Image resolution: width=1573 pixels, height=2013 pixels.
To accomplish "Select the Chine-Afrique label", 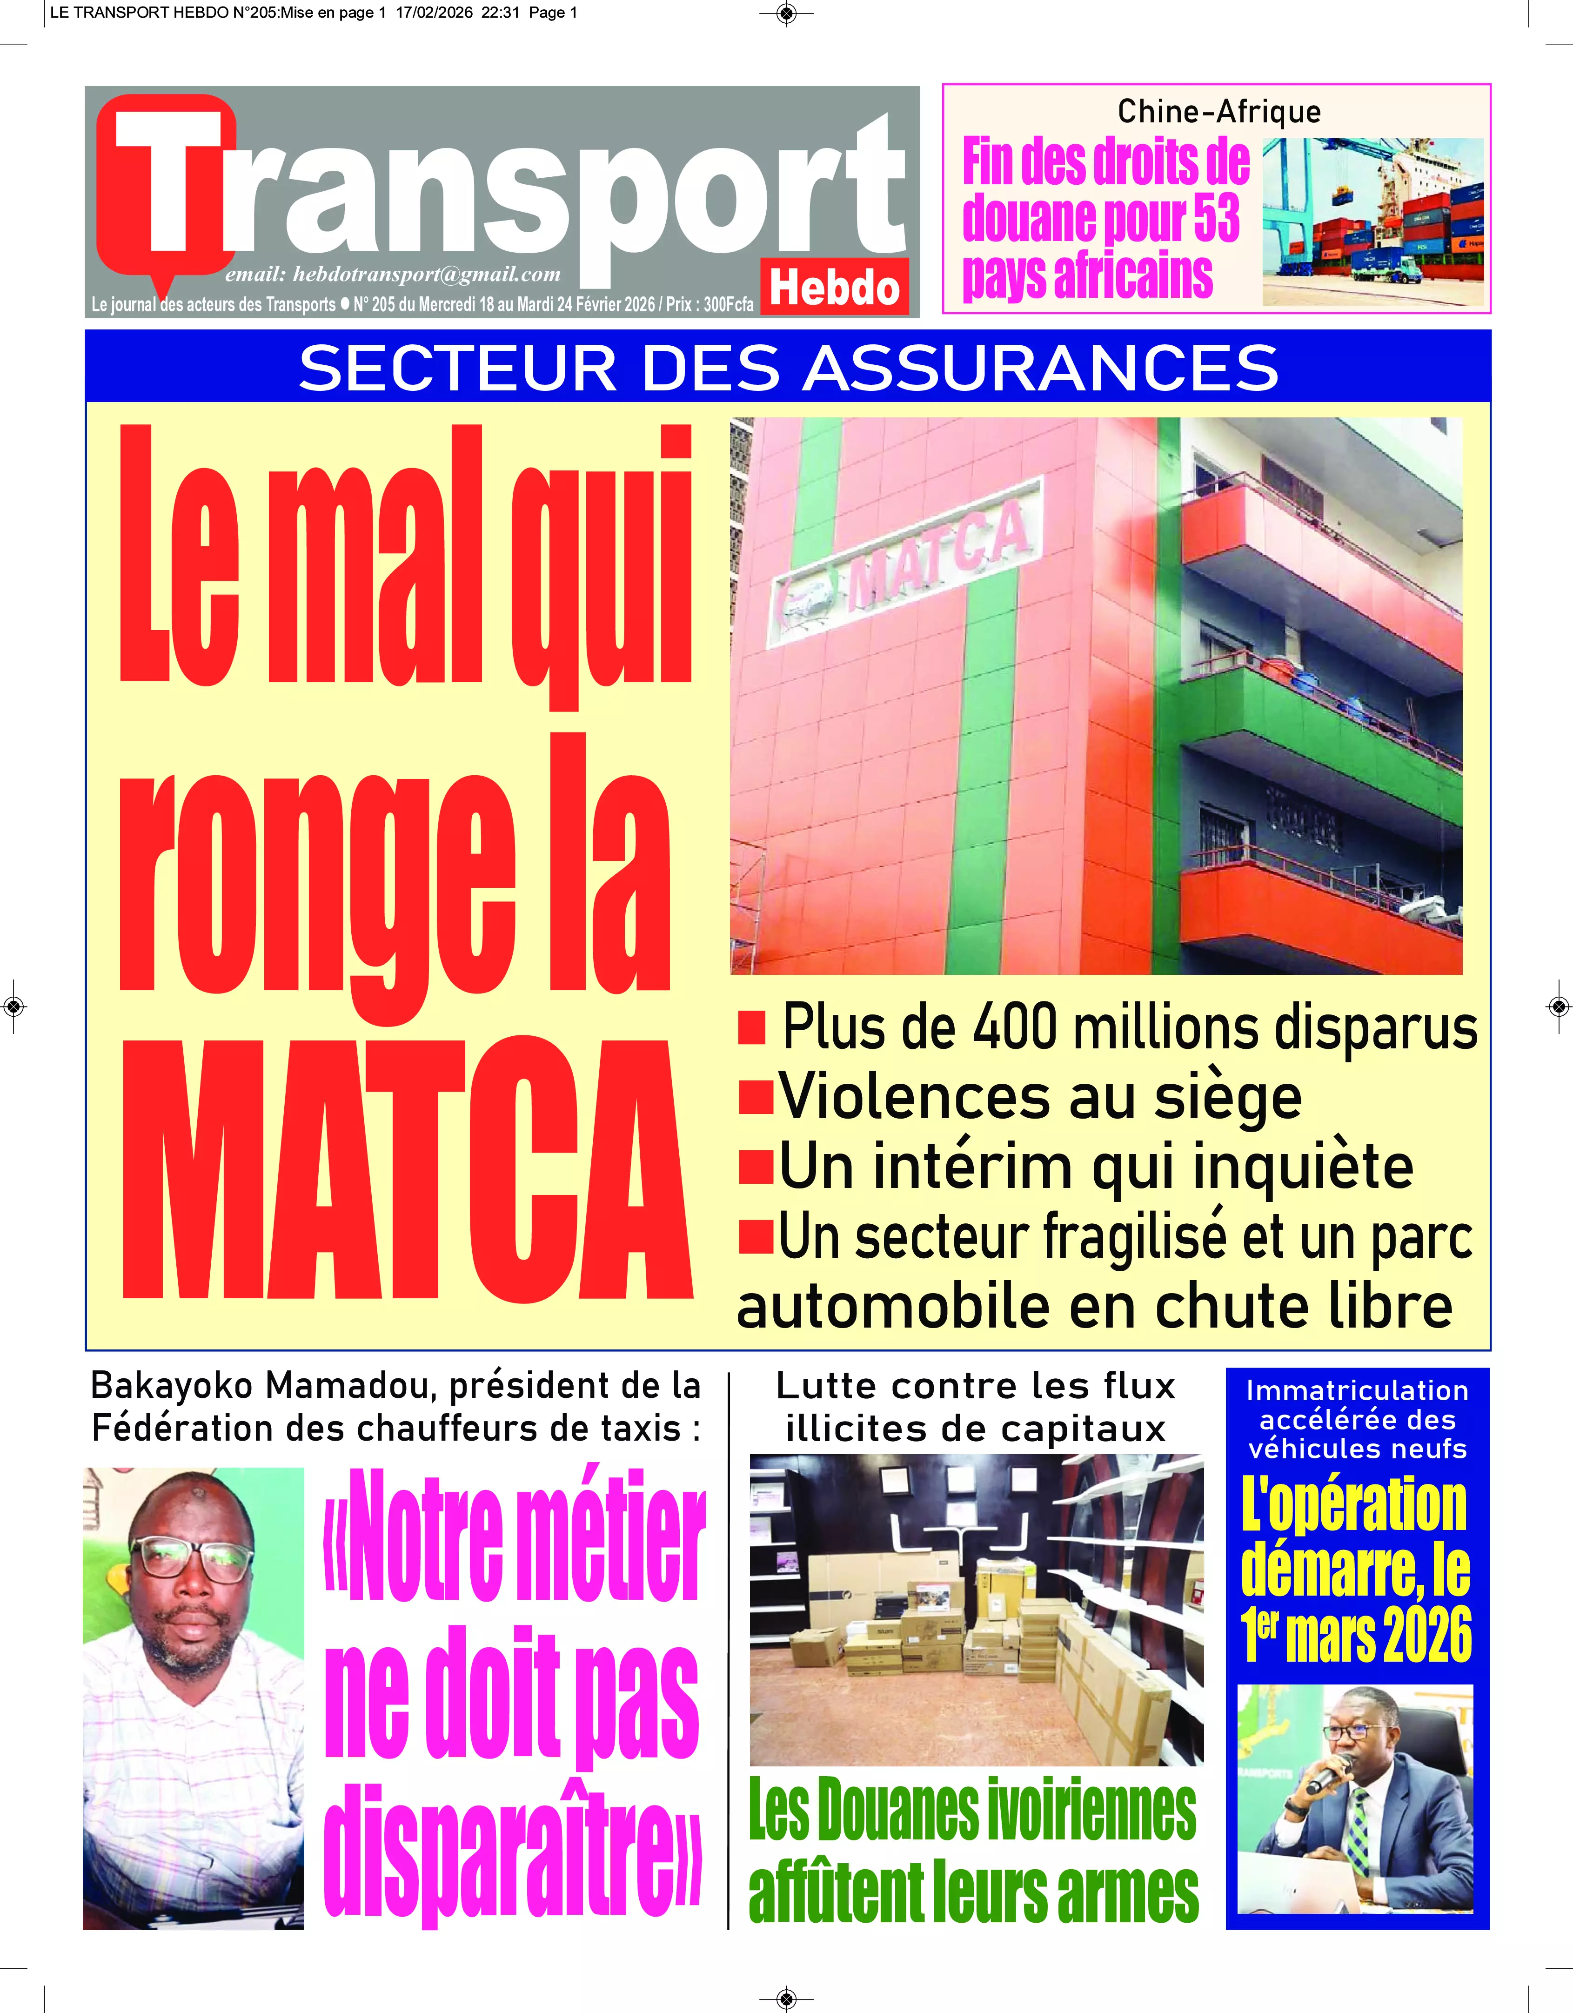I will click(x=1218, y=112).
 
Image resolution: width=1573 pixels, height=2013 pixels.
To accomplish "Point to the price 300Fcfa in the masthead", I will click(x=728, y=304).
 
